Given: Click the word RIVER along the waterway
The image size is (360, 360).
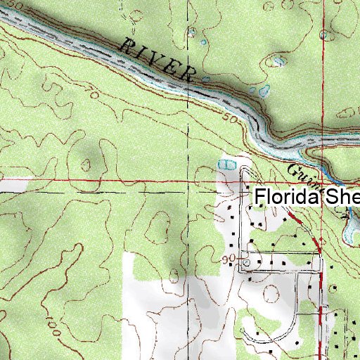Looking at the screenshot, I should [157, 58].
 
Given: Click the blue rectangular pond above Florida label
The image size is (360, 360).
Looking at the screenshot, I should [226, 165].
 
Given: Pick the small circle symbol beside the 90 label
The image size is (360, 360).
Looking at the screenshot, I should [245, 262].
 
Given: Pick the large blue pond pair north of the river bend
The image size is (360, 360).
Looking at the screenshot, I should [264, 91].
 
